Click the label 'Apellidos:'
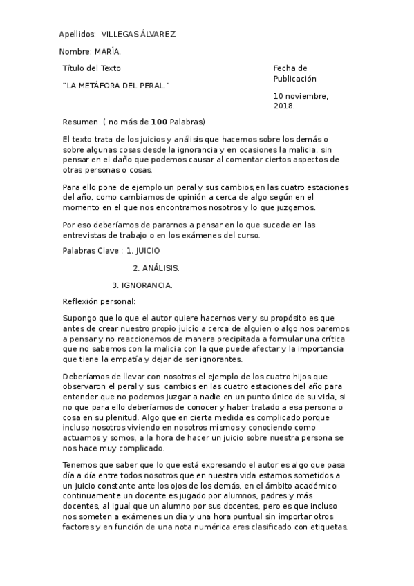tap(77, 34)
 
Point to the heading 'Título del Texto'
tap(91, 68)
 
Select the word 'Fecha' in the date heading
tap(285, 68)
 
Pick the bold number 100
tap(159, 122)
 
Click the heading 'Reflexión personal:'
tap(99, 301)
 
